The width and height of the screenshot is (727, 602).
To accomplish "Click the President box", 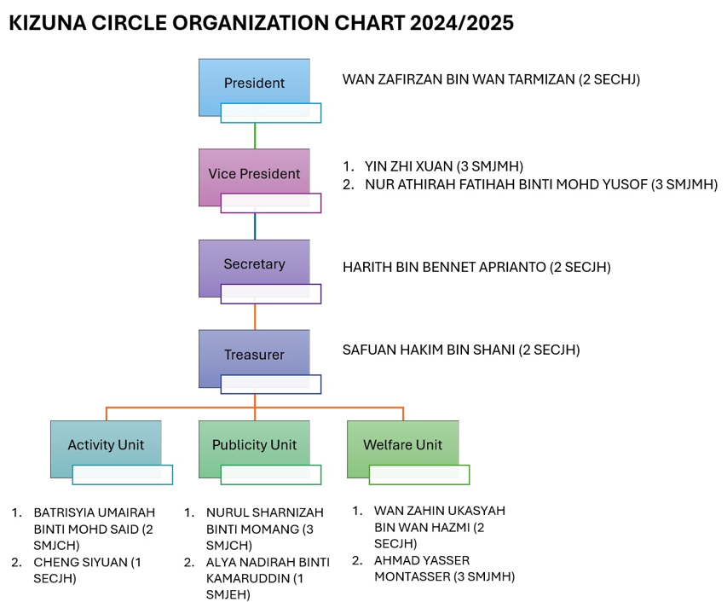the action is [254, 87].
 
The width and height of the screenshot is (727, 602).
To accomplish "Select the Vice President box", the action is [254, 177].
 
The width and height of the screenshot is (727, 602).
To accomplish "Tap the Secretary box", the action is [254, 268].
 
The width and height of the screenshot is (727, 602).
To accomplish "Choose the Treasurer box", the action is [254, 358].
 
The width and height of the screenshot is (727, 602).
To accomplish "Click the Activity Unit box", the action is [106, 449].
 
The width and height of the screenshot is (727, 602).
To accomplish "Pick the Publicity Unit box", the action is [254, 449].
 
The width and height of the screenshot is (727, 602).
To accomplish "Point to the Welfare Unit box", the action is [402, 449].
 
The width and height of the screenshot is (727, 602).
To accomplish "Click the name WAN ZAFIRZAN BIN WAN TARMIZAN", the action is [459, 79].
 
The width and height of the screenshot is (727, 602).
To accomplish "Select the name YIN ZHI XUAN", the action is [408, 166].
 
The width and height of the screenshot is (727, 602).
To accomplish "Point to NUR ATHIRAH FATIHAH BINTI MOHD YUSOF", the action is [506, 184].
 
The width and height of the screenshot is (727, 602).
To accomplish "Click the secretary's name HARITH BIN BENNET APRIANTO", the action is [444, 267].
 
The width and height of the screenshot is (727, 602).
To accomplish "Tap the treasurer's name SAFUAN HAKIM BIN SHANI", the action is [429, 350].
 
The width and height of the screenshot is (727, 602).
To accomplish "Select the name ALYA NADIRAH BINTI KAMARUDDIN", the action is [268, 570].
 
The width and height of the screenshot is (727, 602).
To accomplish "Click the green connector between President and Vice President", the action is [255, 136].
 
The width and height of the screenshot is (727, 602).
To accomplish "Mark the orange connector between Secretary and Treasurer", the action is [255, 316].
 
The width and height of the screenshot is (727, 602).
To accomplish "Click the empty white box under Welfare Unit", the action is [419, 474].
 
